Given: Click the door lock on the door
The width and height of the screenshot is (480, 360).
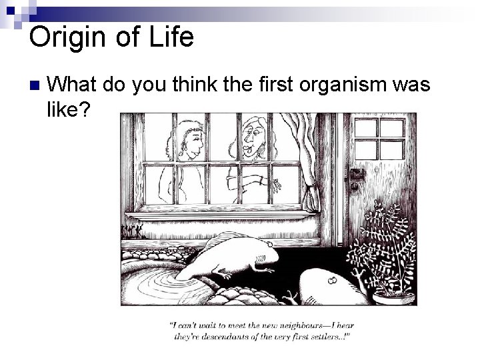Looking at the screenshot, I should pos(359,175).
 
